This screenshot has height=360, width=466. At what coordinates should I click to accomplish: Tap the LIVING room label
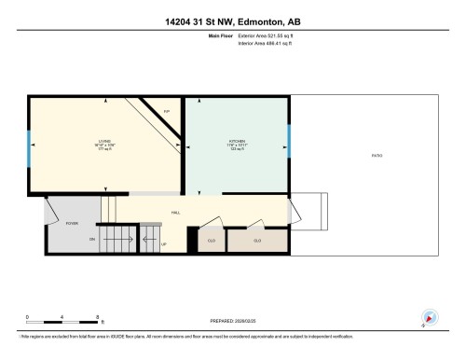click(103, 142)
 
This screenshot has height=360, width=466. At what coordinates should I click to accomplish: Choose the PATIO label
click(377, 155)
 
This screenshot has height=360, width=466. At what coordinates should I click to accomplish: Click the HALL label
click(176, 213)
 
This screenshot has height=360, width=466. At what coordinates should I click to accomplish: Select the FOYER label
click(71, 224)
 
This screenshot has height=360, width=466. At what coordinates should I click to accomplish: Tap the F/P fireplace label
click(167, 112)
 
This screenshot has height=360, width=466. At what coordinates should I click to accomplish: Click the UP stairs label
click(164, 244)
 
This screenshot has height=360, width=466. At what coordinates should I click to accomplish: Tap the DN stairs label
click(92, 240)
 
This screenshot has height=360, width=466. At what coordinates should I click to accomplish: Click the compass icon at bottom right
click(429, 317)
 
